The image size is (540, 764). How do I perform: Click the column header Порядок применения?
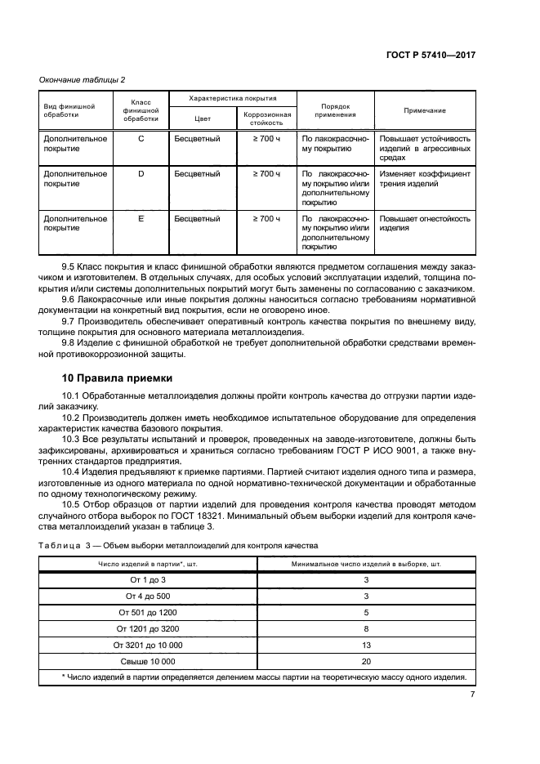tap(335, 110)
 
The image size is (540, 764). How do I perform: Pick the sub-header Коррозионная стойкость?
tap(267, 118)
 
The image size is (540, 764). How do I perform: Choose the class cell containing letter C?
tap(141, 139)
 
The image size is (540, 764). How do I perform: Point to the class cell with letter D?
tap(141, 174)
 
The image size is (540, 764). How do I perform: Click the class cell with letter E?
tap(141, 219)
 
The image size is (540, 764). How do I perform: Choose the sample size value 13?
tap(366, 645)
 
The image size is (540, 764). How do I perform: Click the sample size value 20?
tap(366, 661)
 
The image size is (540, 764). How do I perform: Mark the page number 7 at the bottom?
tap(472, 695)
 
